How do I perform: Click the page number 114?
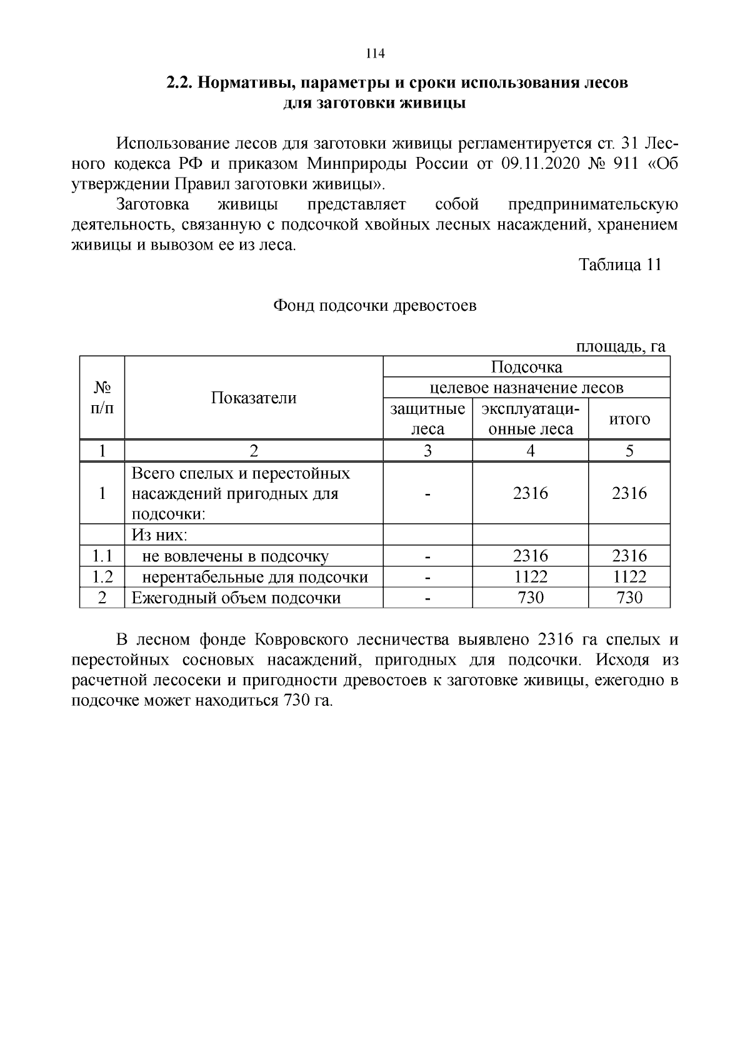374,54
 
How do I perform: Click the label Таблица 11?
619,264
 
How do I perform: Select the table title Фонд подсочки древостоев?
374,306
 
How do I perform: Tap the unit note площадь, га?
621,346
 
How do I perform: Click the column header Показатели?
253,398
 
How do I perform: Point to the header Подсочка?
526,367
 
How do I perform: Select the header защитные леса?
427,419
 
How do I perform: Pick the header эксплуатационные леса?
530,419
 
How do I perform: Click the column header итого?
629,419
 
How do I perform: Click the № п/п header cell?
102,398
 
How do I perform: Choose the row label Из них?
159,535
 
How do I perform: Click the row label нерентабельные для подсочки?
254,576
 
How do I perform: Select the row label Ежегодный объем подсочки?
236,598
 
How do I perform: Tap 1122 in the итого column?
629,576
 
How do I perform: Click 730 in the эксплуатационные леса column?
530,598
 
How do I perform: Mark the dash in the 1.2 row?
427,576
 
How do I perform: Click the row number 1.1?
102,556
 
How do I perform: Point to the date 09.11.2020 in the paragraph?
541,164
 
